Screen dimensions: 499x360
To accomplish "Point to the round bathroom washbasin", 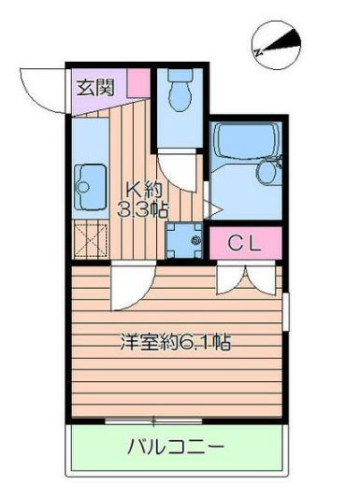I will pos(269,171).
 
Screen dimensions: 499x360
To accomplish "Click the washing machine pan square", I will pos(185,240).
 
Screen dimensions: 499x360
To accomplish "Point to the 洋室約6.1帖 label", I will pos(175,342).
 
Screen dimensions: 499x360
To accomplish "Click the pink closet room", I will pos(245,245).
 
